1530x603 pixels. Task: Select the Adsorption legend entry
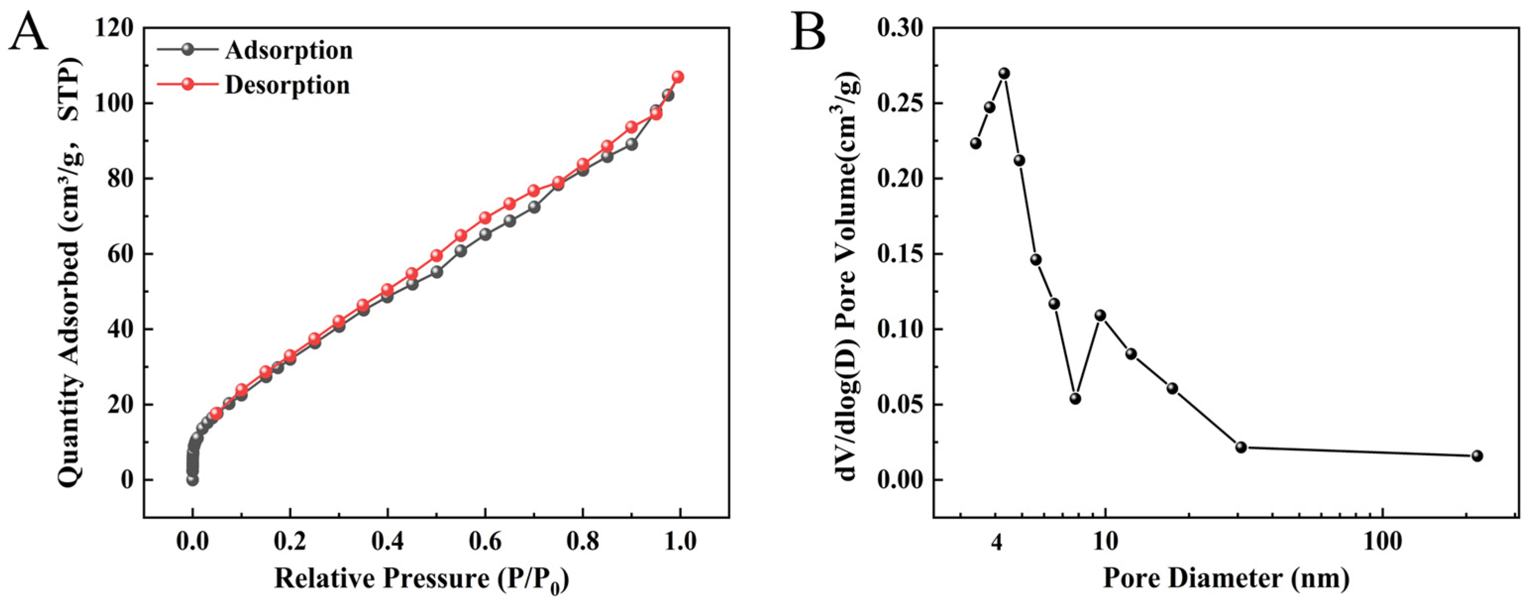288,50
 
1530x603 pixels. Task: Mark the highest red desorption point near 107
678,77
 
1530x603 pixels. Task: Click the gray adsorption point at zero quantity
193,479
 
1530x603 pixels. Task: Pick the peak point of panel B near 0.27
1004,74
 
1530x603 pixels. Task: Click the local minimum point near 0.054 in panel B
1075,398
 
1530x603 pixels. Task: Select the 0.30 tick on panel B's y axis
900,28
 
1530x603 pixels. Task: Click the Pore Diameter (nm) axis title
1226,579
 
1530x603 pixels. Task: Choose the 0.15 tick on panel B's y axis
900,254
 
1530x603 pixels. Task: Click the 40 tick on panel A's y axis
119,329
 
